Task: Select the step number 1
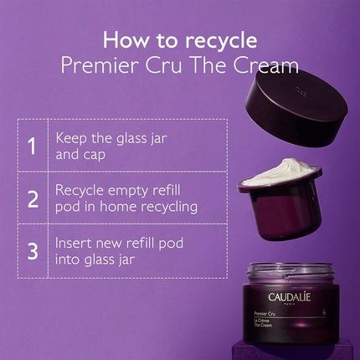click(32, 146)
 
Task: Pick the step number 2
click(32, 198)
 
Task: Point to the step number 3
click(32, 250)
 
